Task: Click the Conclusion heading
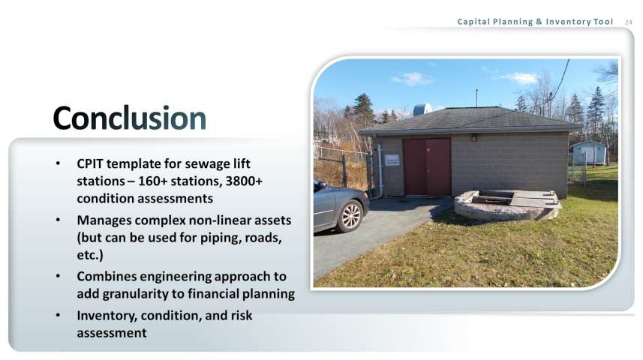[129, 118]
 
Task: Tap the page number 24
[629, 22]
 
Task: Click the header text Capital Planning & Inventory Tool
[535, 22]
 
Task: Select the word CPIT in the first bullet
[90, 163]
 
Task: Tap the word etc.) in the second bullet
[90, 255]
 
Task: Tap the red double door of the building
[426, 166]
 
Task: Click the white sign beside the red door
[392, 160]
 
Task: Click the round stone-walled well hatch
[507, 204]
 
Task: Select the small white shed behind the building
[589, 152]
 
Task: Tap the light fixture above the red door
[474, 138]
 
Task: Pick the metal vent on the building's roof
[422, 109]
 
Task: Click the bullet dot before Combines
[58, 276]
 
